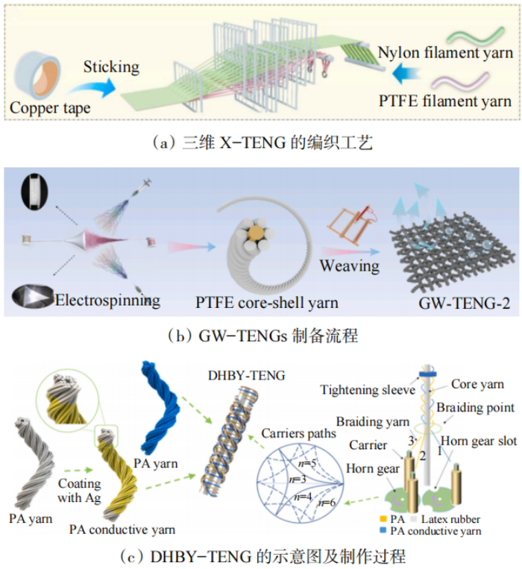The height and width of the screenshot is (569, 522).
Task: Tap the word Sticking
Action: coord(112,66)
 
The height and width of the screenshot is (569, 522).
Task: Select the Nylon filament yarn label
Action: coord(445,53)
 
